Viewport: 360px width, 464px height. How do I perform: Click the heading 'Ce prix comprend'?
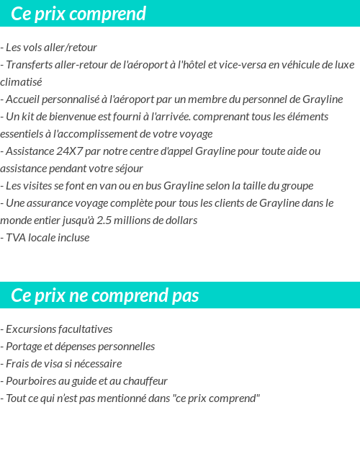pos(78,14)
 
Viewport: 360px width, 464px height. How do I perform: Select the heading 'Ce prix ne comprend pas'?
pos(105,295)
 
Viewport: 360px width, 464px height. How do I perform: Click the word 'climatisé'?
pos(21,82)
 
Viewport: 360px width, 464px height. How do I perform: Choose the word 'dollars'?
pos(179,220)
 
